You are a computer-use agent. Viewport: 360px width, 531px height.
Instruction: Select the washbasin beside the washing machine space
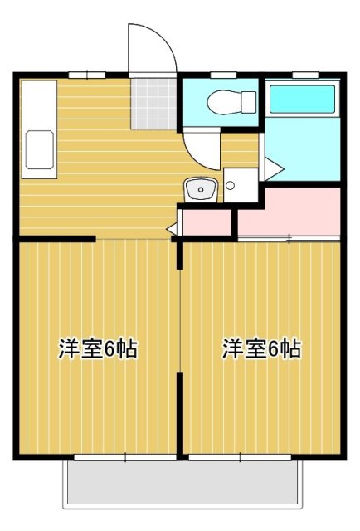[201, 190]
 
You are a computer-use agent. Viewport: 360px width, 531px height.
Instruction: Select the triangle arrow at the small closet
[172, 226]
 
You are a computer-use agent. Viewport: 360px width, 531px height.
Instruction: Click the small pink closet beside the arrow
[205, 222]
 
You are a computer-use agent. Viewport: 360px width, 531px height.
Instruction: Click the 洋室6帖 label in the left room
[97, 349]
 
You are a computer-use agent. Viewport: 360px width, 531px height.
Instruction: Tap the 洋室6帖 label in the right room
[260, 349]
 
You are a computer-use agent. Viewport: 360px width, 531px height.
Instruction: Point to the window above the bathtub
[302, 76]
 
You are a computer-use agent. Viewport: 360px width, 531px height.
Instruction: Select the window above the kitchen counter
[85, 76]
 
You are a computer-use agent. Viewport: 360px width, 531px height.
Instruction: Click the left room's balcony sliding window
[124, 457]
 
